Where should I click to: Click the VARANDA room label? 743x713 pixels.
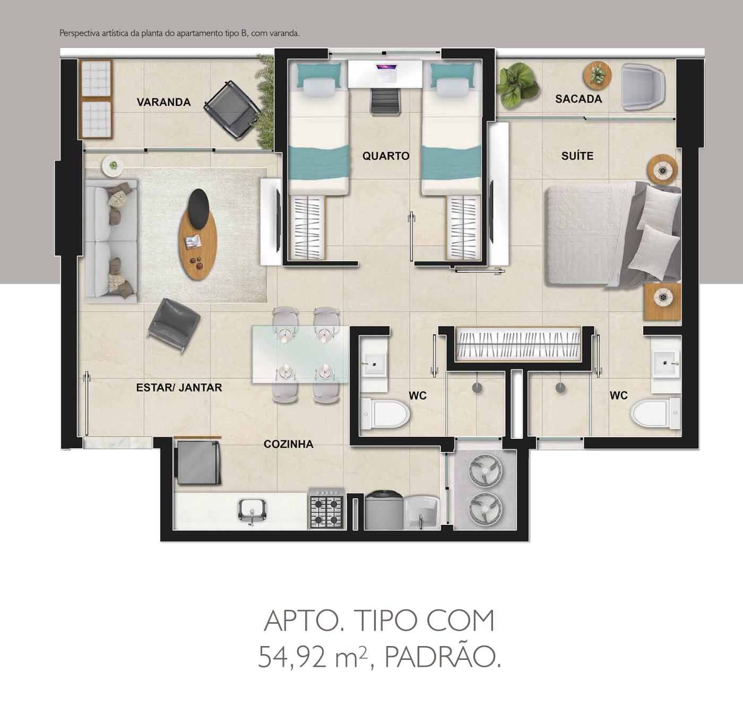click(164, 102)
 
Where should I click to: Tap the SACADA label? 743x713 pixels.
click(578, 99)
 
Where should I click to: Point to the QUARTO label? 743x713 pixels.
click(386, 156)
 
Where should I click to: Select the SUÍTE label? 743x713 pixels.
click(577, 156)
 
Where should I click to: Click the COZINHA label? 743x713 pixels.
click(288, 444)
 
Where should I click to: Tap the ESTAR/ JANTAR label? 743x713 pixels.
click(179, 388)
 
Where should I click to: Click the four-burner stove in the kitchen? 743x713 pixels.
click(326, 509)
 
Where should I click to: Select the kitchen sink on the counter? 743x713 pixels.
click(252, 511)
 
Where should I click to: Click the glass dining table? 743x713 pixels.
click(300, 354)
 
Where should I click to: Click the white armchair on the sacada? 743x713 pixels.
click(643, 87)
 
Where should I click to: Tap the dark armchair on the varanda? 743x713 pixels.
click(232, 109)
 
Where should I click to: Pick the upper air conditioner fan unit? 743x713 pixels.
click(485, 471)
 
